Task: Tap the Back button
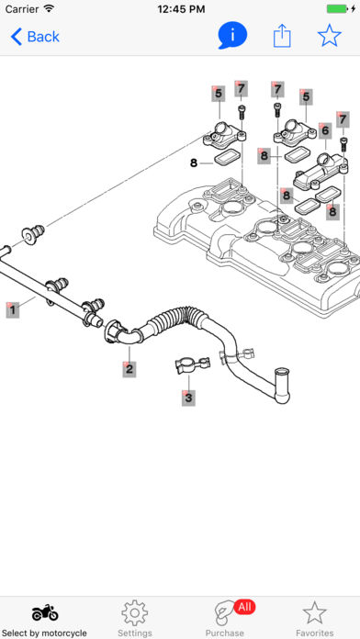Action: click(x=35, y=37)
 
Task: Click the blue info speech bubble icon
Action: click(x=232, y=36)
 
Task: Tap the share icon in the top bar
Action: click(x=282, y=36)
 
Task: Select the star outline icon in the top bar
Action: click(x=330, y=36)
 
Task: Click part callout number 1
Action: click(x=13, y=309)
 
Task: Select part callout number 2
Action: click(x=129, y=369)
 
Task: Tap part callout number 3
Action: click(x=188, y=398)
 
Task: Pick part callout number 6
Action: click(x=325, y=130)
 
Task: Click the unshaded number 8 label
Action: click(x=194, y=163)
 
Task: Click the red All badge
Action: click(x=244, y=607)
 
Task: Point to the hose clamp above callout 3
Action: click(x=192, y=364)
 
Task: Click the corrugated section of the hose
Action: click(x=174, y=317)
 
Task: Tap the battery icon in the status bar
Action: click(x=338, y=8)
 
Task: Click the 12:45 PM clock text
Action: click(x=180, y=8)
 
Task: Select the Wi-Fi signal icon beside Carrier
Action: click(x=50, y=8)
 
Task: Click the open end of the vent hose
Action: click(x=282, y=371)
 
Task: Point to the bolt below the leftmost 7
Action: click(x=241, y=112)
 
